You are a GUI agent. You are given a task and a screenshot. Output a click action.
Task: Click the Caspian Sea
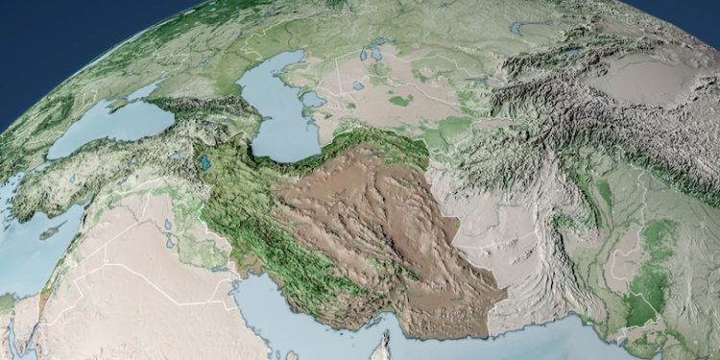pos(274,115)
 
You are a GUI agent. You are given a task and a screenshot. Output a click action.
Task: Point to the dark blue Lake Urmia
pos(204,162)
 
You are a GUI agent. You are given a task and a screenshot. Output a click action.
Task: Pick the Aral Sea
pos(384,58)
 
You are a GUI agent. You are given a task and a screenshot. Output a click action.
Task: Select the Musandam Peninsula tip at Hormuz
pos(387,338)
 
